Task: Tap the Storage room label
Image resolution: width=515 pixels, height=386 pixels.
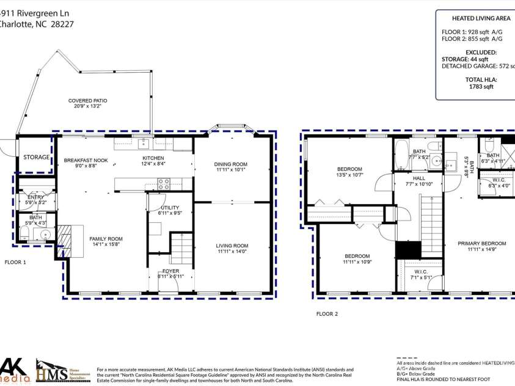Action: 37,157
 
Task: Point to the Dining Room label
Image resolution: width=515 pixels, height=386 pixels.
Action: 230,164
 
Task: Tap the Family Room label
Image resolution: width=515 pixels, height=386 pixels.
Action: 106,239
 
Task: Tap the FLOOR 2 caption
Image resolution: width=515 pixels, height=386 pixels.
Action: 327,314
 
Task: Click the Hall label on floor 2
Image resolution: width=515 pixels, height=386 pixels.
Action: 418,178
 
